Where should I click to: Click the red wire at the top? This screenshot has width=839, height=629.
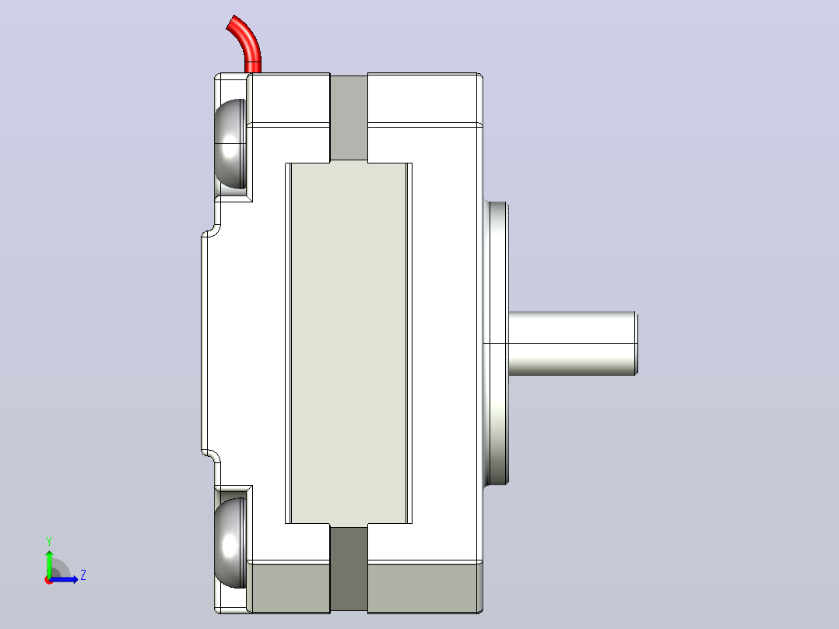(x=248, y=42)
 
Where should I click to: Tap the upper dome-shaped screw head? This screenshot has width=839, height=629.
(x=230, y=143)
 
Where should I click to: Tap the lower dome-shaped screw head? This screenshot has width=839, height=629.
(x=230, y=543)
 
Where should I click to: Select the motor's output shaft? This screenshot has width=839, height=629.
(x=572, y=343)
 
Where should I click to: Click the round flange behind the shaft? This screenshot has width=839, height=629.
(x=496, y=343)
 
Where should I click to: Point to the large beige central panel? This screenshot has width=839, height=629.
(x=349, y=343)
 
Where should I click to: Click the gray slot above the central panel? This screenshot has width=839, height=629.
(x=349, y=118)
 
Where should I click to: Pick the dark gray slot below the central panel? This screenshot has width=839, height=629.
(x=349, y=568)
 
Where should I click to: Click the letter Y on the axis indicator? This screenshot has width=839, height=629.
(x=49, y=541)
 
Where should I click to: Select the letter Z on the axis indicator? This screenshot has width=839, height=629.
(x=83, y=575)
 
